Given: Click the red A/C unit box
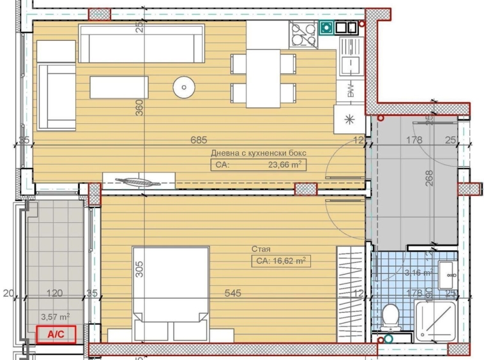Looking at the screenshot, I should click(x=57, y=333).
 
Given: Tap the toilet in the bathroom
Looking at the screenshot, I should click(x=390, y=316).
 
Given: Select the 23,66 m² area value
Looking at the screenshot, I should click(x=285, y=165).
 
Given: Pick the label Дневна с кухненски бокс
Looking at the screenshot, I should click(x=259, y=153).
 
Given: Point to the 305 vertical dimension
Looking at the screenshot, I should click(x=140, y=268).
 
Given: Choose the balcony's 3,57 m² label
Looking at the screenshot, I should click(x=55, y=315).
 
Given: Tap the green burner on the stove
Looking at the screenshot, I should click(x=326, y=27).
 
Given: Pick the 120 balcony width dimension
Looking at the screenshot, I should click(x=55, y=294).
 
